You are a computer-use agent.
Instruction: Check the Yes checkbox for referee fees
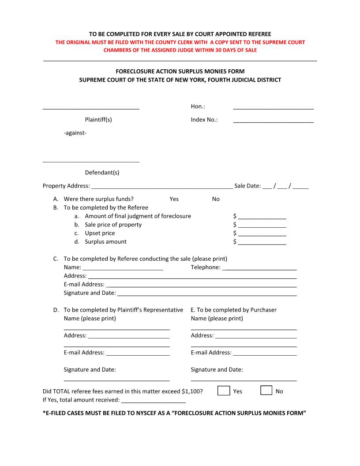tap(224, 391)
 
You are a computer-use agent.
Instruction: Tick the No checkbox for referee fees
tap(266, 391)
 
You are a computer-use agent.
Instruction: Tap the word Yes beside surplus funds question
tap(174, 199)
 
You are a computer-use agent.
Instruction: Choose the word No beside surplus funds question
tap(216, 199)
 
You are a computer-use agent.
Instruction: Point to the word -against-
tap(75, 132)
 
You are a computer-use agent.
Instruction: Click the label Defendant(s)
tap(102, 173)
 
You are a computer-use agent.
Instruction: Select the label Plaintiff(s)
tap(98, 120)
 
